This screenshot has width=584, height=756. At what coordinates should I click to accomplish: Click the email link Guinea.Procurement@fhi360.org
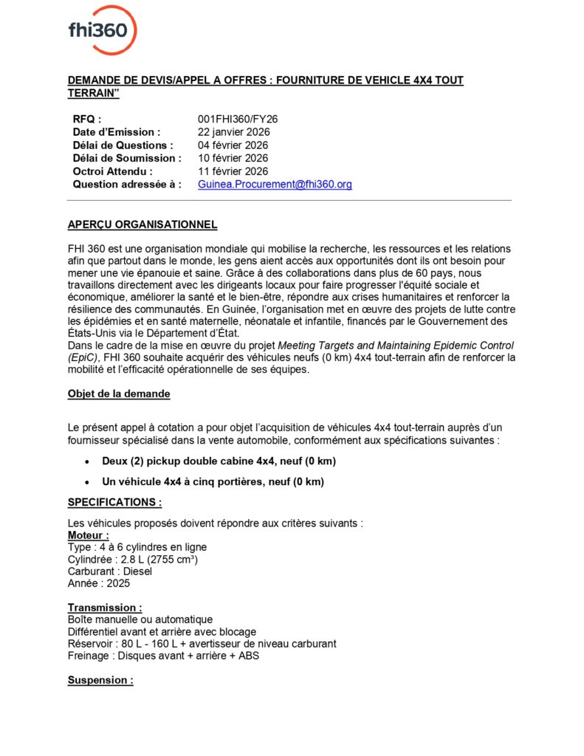tap(275, 185)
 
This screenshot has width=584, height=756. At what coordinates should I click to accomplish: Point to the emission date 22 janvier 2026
tap(234, 132)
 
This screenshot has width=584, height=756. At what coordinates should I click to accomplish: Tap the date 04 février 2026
tap(233, 145)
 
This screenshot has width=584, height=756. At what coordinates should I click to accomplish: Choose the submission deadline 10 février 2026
tap(233, 158)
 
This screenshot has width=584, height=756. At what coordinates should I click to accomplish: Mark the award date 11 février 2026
tap(233, 171)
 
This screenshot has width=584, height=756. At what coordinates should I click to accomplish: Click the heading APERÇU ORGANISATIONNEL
tap(142, 224)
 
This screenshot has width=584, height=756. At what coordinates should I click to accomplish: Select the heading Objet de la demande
tap(119, 394)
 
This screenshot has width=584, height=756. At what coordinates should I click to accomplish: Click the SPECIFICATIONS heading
tap(114, 502)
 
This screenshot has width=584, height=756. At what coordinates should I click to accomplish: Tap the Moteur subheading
tap(89, 535)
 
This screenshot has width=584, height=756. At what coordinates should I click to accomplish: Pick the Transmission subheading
tap(105, 607)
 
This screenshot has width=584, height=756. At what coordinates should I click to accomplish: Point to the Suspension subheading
tap(100, 680)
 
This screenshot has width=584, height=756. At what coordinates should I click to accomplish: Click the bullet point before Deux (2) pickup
tap(88, 461)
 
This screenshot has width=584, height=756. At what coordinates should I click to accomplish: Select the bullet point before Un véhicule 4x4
tap(88, 482)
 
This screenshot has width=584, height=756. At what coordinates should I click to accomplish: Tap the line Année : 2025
tap(98, 583)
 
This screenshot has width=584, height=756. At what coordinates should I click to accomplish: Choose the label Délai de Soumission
tap(127, 158)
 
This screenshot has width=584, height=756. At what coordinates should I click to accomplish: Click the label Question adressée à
tap(127, 185)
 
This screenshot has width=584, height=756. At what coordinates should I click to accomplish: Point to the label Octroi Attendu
tap(112, 171)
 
